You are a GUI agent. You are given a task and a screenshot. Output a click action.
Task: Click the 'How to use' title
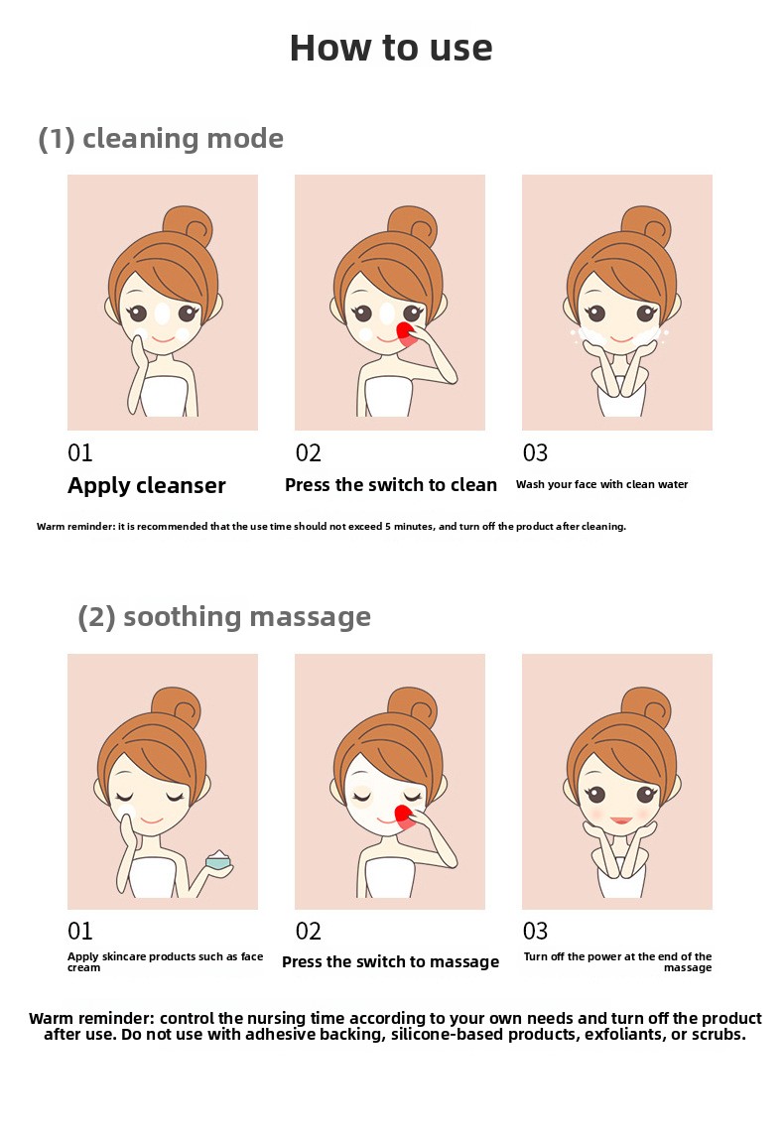click(391, 48)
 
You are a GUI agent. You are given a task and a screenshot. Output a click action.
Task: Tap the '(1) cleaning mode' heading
click(161, 138)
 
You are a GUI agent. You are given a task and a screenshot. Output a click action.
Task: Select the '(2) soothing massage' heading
click(224, 617)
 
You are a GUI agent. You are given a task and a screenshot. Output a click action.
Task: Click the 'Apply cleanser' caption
click(147, 485)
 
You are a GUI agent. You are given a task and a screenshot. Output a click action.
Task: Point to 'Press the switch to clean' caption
click(391, 484)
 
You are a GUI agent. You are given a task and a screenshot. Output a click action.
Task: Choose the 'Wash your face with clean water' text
click(601, 484)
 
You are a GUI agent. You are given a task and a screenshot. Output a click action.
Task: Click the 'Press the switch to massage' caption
click(391, 962)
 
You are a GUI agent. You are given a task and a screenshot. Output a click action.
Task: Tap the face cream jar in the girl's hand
click(217, 859)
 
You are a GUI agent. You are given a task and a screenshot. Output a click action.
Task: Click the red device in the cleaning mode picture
click(406, 335)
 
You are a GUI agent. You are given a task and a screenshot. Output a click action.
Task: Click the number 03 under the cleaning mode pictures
click(535, 452)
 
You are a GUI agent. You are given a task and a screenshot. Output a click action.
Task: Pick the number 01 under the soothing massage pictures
click(80, 931)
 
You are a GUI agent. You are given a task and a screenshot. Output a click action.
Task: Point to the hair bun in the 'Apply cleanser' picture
click(188, 225)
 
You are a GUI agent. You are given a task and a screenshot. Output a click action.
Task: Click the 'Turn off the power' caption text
click(578, 956)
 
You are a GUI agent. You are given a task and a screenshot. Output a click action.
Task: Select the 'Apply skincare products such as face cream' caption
click(166, 962)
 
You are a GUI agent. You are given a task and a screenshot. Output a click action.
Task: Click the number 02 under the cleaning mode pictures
click(308, 452)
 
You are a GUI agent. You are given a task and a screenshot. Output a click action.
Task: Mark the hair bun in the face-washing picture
click(647, 225)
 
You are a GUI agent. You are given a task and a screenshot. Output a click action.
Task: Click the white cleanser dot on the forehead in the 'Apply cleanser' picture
click(163, 314)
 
